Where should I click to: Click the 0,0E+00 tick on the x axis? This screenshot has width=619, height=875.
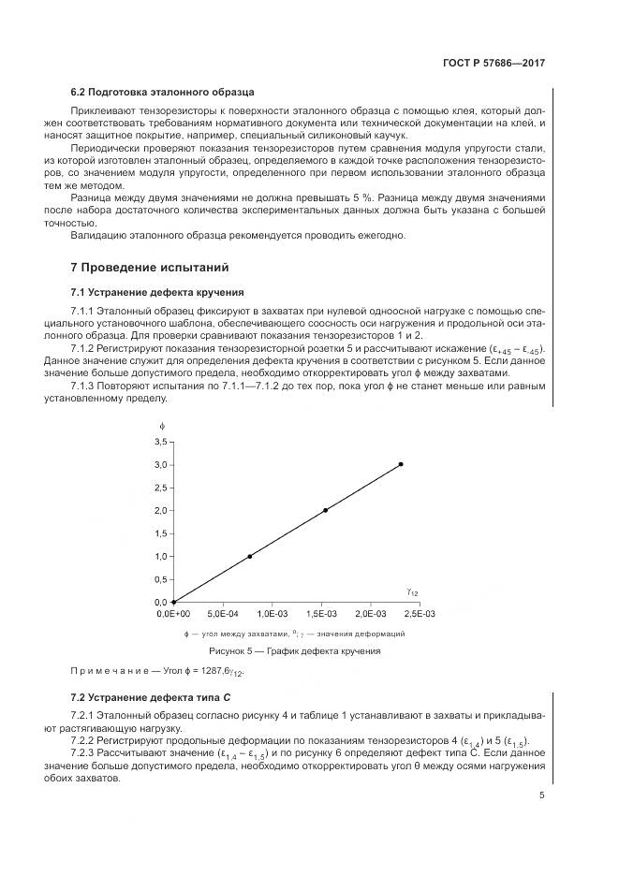point(172,614)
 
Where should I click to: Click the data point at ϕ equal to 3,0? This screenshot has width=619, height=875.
point(401,464)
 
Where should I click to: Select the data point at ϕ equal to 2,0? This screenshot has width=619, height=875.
point(325,510)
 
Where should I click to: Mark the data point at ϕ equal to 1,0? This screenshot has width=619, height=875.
point(249,556)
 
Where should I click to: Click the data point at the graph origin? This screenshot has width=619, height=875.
point(173,602)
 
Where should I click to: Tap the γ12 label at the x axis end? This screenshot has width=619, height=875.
point(412,591)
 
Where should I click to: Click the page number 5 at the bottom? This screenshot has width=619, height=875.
point(542,795)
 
